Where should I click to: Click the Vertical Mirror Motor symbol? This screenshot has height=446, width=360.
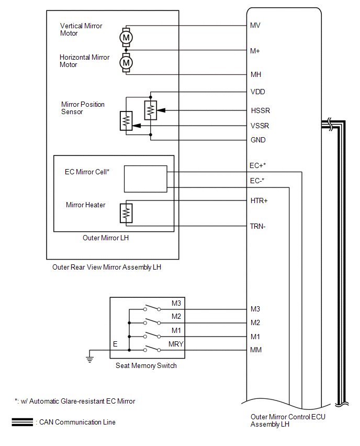pyautogui.click(x=126, y=37)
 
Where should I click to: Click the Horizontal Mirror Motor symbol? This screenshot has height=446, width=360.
pyautogui.click(x=126, y=63)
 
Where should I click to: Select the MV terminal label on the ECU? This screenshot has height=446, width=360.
pyautogui.click(x=255, y=25)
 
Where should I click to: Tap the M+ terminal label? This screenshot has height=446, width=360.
pyautogui.click(x=255, y=51)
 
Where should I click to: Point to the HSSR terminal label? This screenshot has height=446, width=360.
pyautogui.click(x=260, y=110)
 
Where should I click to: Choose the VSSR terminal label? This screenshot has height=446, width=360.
pyautogui.click(x=260, y=126)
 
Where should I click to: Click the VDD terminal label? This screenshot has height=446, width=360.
pyautogui.click(x=257, y=92)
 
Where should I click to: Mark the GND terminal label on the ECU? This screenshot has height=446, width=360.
pyautogui.click(x=258, y=140)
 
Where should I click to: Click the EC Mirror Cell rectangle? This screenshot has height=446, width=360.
pyautogui.click(x=145, y=179)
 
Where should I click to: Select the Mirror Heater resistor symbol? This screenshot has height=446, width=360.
pyautogui.click(x=126, y=213)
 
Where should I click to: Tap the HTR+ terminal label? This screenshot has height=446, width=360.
pyautogui.click(x=259, y=201)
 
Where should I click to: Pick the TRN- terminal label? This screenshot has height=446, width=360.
pyautogui.click(x=257, y=227)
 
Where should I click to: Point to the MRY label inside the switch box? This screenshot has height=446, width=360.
pyautogui.click(x=176, y=344)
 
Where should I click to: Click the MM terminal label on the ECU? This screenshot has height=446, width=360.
pyautogui.click(x=256, y=350)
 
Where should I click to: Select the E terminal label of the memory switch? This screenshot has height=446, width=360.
pyautogui.click(x=115, y=344)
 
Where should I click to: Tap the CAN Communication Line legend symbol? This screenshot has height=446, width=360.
pyautogui.click(x=22, y=422)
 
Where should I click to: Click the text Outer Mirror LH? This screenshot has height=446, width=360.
pyautogui.click(x=106, y=238)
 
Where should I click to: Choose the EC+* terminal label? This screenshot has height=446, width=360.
pyautogui.click(x=257, y=165)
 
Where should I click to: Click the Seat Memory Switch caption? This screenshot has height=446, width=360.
pyautogui.click(x=146, y=365)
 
